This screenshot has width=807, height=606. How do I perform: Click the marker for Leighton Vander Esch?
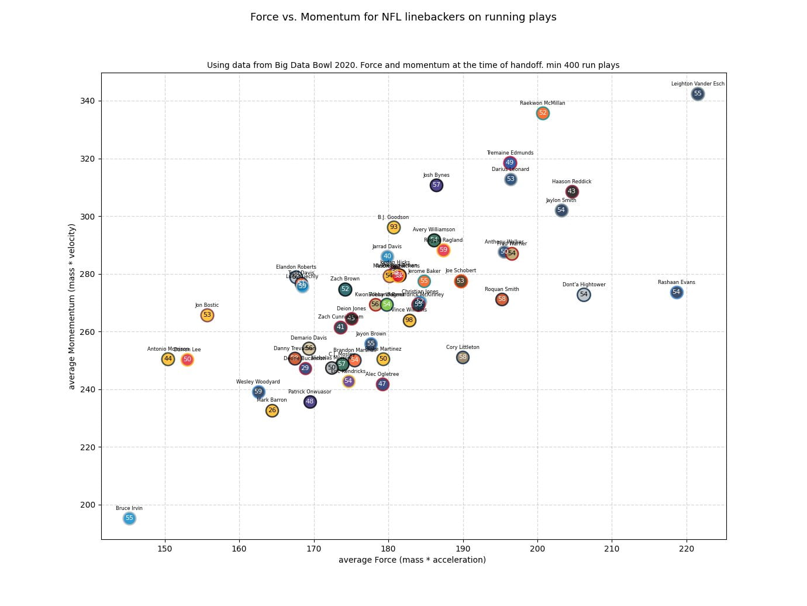coord(698,94)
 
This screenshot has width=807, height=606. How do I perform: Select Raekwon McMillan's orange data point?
coord(543,113)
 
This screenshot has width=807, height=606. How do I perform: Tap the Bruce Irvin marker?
coord(129,518)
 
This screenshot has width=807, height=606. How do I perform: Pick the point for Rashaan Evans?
coord(677,292)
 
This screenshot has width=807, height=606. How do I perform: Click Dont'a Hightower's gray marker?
coord(584,295)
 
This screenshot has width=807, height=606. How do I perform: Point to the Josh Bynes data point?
coord(436,185)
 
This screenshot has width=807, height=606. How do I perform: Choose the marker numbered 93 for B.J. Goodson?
coord(394,227)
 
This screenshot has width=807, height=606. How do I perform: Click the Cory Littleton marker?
coord(463,357)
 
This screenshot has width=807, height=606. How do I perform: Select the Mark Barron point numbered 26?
coord(272,410)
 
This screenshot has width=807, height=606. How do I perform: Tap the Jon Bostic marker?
coord(207,315)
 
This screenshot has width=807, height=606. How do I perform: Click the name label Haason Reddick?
coord(571,182)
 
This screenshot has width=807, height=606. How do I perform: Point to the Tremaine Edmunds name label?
coord(510,153)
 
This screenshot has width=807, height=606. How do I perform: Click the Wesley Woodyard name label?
coord(258,382)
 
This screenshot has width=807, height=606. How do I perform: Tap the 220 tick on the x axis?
coord(687,549)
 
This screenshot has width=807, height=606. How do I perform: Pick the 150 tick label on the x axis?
coord(165,549)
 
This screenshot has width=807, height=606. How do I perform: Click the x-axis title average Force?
coord(412,560)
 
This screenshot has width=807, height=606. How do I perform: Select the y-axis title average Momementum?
coord(73,306)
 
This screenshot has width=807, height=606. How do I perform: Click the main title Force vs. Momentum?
coord(403,17)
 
